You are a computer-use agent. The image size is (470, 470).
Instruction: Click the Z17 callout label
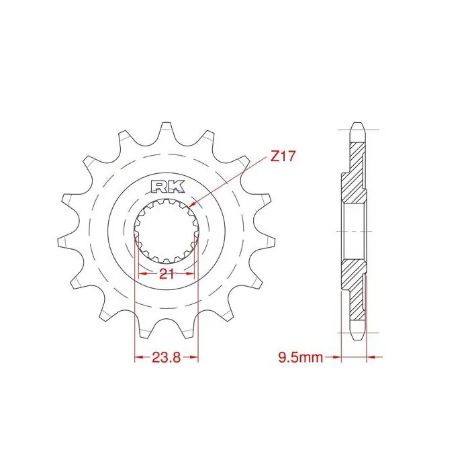(283, 156)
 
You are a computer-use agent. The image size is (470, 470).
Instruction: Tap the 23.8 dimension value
(167, 357)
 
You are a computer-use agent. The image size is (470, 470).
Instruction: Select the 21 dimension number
(167, 274)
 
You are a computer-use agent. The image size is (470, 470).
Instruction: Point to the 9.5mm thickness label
(301, 357)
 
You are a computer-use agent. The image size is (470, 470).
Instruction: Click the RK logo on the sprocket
(167, 187)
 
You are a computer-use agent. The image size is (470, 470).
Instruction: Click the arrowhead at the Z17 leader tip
(193, 204)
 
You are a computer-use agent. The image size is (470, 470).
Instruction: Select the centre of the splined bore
(167, 231)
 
